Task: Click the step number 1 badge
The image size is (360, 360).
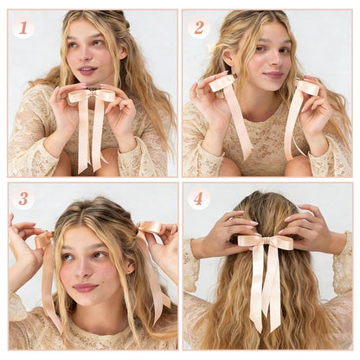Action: (23, 27)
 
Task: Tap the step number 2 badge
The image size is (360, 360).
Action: (199, 27)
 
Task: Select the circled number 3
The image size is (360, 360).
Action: (23, 199)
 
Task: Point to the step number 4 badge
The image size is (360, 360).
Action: (199, 199)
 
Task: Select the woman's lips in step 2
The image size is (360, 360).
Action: (273, 75)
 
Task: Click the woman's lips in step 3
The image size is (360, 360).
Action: (85, 286)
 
